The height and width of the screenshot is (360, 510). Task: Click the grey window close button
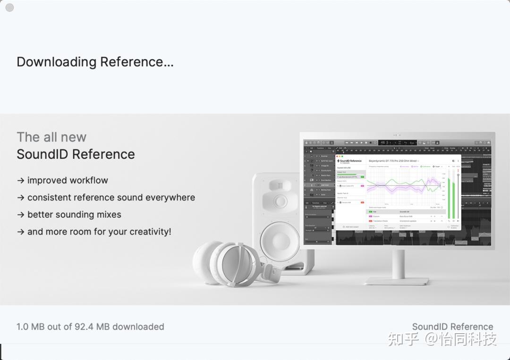(x=9, y=8)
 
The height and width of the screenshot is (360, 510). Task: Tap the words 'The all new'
(x=51, y=137)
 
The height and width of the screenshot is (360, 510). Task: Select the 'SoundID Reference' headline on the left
(x=76, y=154)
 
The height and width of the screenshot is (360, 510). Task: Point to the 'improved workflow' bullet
(x=68, y=180)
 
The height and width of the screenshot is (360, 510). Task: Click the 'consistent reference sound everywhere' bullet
(x=111, y=197)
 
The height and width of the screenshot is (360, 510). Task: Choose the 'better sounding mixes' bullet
(x=74, y=215)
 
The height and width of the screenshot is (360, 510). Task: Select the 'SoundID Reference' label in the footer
(x=452, y=327)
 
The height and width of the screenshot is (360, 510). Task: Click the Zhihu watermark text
(x=442, y=339)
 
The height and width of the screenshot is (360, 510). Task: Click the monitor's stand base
(x=397, y=281)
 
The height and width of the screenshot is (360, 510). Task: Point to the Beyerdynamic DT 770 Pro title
(x=393, y=161)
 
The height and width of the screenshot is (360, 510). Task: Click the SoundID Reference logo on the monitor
(x=349, y=161)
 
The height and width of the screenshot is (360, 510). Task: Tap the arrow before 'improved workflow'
(x=21, y=180)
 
